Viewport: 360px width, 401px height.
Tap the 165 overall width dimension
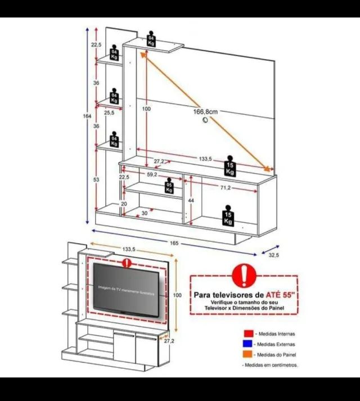coord(174,243)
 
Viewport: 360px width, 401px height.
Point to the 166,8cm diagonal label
coord(205,112)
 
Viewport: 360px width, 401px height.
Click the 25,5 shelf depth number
coord(109,113)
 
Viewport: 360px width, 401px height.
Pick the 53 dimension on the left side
coord(96,179)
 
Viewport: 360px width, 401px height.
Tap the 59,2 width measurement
coord(152,175)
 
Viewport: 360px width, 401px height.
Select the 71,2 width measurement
coord(227,187)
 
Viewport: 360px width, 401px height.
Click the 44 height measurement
coord(191,201)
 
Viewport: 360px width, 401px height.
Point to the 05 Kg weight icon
coord(169,187)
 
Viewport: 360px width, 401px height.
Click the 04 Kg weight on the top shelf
coord(151,39)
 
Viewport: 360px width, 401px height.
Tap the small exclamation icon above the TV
coord(128,263)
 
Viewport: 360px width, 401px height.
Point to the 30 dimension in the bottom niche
coord(145,213)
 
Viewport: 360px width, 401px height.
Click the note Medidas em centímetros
coord(271,365)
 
